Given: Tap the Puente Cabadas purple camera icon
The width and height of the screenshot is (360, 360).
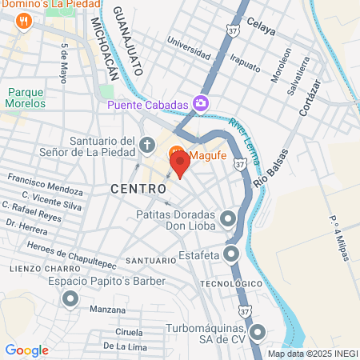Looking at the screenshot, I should [x=202, y=103].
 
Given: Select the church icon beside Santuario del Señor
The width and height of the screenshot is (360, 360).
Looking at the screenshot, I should [x=146, y=146].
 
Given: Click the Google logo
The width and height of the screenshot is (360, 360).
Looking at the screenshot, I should [x=26, y=350].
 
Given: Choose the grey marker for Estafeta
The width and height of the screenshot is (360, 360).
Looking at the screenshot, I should [x=231, y=254].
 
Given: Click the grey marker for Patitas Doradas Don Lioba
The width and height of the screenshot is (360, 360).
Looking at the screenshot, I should [x=229, y=218].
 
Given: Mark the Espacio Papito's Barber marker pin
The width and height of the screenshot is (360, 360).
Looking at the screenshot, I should [x=70, y=299].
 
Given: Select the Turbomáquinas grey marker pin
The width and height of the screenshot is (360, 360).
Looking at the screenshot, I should [x=257, y=332].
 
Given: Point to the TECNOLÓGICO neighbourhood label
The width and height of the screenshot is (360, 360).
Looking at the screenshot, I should [x=232, y=284].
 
